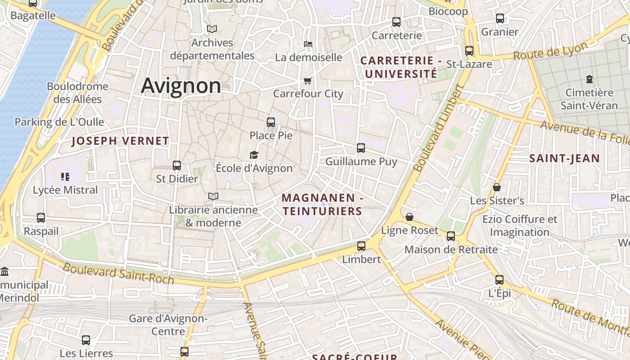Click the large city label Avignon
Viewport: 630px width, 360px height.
coord(181,85)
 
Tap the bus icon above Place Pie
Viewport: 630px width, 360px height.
coord(271,122)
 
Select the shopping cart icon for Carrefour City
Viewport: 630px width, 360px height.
coord(308,81)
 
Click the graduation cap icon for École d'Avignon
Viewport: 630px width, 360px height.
coord(254,155)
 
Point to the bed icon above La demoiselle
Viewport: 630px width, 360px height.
coord(308,44)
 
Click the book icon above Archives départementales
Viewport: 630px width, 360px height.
coord(212,29)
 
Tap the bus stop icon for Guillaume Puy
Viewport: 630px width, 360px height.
coord(361,148)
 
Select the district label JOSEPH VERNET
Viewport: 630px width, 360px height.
coord(120,141)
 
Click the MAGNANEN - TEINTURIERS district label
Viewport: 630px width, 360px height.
coord(322,204)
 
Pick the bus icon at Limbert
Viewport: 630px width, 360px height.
coord(361,246)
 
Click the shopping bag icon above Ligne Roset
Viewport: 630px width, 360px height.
coord(409,217)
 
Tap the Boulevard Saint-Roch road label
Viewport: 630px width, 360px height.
coord(118,273)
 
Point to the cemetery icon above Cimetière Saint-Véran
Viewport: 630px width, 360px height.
coord(589,79)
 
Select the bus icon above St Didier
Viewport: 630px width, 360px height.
coord(177,165)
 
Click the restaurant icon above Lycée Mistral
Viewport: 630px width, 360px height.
coord(65,176)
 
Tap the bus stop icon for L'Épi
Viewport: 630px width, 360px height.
coord(499,279)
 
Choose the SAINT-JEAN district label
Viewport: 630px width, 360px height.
coord(564,158)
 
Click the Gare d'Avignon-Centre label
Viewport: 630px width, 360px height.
coord(168,325)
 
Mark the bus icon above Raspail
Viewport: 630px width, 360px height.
coord(41,218)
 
